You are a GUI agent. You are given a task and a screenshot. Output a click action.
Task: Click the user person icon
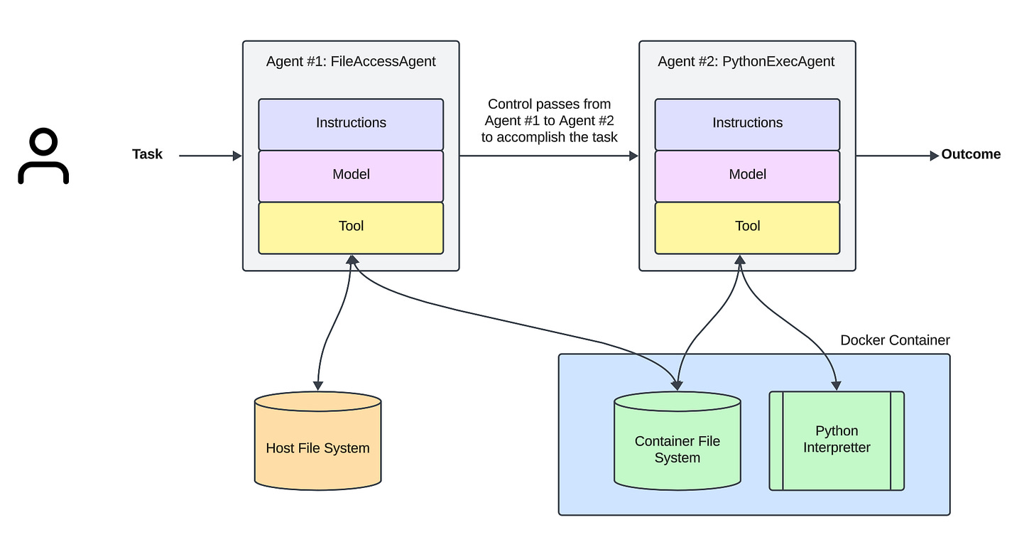coord(43,156)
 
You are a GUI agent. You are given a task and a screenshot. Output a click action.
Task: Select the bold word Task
coord(147,154)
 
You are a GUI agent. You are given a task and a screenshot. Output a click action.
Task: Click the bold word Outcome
coord(971,154)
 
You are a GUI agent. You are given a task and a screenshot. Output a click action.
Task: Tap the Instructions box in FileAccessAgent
coord(351,124)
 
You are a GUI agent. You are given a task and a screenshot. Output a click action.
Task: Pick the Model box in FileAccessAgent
coord(351,175)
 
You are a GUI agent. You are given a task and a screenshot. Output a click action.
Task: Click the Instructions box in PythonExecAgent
coord(747,124)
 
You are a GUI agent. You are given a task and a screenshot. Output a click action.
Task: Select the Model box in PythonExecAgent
coord(747,175)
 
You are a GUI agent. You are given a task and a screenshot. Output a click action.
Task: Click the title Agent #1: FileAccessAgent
coord(351,62)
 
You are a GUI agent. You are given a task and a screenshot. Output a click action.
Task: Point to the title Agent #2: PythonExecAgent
coord(746,62)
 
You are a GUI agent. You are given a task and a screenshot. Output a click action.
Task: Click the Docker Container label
coord(895,340)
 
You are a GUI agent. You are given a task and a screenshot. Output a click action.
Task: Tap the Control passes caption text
coord(549,121)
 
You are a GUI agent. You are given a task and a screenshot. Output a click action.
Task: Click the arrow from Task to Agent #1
coord(210,156)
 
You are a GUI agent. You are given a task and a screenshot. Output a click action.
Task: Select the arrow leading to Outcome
coord(898,156)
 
